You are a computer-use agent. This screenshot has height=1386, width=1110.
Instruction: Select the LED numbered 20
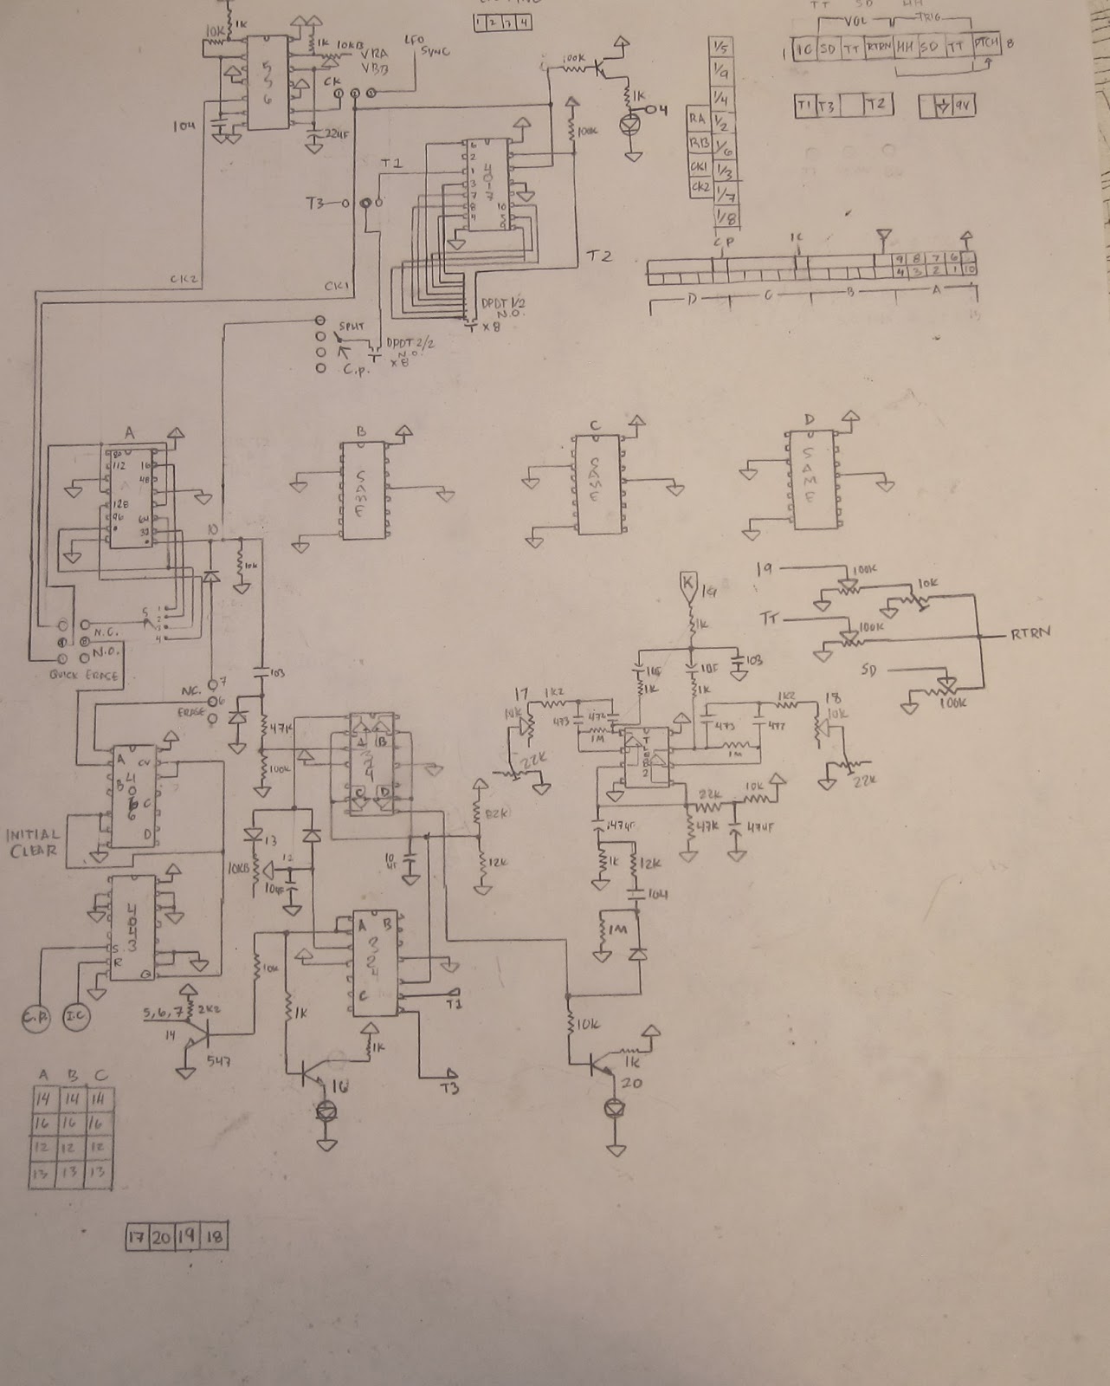click(615, 1107)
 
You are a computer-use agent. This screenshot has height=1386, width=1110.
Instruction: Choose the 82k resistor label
click(495, 813)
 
